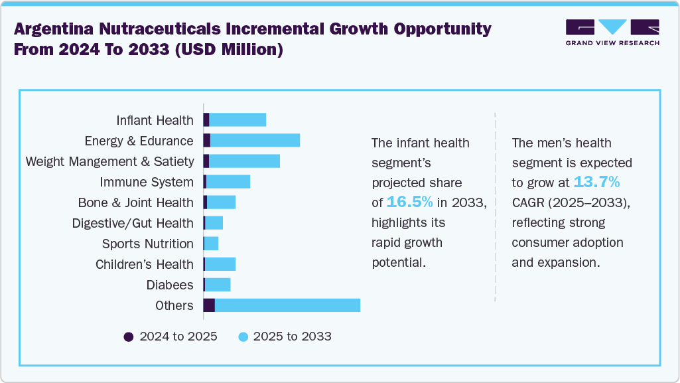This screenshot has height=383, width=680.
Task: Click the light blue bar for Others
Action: click(x=287, y=305)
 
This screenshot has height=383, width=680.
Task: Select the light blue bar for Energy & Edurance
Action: click(x=255, y=141)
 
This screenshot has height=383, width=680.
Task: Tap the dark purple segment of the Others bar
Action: click(x=209, y=305)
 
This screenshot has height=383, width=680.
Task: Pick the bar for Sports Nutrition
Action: click(x=211, y=244)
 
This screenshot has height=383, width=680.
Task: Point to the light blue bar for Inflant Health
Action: click(x=238, y=120)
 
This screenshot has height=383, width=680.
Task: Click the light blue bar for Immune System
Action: click(x=228, y=182)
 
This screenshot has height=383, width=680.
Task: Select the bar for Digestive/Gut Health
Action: click(x=214, y=223)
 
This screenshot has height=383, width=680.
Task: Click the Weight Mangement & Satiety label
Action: click(x=109, y=161)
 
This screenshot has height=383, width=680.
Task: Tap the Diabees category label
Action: click(x=170, y=285)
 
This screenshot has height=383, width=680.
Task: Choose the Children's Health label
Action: click(x=145, y=264)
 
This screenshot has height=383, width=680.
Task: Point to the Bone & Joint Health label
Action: click(x=135, y=202)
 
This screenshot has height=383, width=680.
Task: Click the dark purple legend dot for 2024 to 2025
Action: click(x=129, y=337)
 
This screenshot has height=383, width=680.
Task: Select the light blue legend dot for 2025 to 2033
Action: click(x=243, y=337)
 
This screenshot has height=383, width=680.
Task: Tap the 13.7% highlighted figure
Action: click(x=596, y=182)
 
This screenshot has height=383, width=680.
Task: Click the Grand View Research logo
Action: click(x=612, y=33)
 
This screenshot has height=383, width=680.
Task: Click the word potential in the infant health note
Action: click(x=397, y=262)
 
